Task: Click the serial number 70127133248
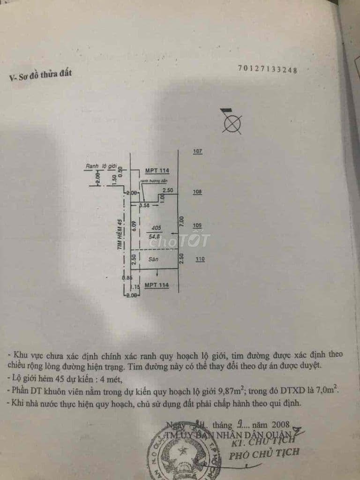tap(268, 70)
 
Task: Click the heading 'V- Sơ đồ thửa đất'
tap(41, 76)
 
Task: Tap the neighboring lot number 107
tap(197, 151)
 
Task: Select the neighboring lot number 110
tap(200, 259)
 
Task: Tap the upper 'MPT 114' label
tap(157, 171)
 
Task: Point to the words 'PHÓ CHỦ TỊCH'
tap(264, 453)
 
